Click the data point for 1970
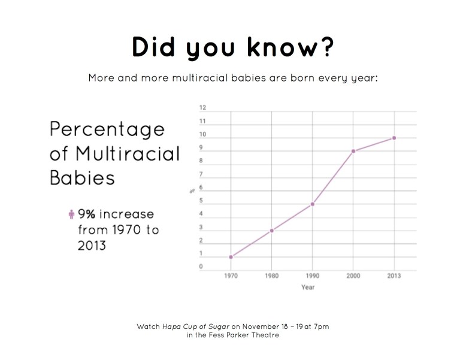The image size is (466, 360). click(231, 257)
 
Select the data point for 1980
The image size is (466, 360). click(272, 231)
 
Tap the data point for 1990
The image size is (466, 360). click(312, 204)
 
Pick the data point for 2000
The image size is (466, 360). click(353, 151)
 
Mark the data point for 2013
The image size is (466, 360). click(394, 138)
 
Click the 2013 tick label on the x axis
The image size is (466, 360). click(394, 276)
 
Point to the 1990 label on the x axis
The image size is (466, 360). click(312, 276)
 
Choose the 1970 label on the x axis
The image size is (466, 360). click(231, 276)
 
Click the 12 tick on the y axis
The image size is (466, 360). click(202, 108)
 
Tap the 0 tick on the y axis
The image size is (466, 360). click(201, 267)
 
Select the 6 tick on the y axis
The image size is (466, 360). click(201, 187)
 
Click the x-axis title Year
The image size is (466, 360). click(308, 287)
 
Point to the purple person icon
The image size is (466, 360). click(71, 214)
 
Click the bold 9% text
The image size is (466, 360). click(87, 214)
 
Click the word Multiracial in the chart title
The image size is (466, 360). click(127, 153)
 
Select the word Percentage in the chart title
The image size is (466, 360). click(107, 129)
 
